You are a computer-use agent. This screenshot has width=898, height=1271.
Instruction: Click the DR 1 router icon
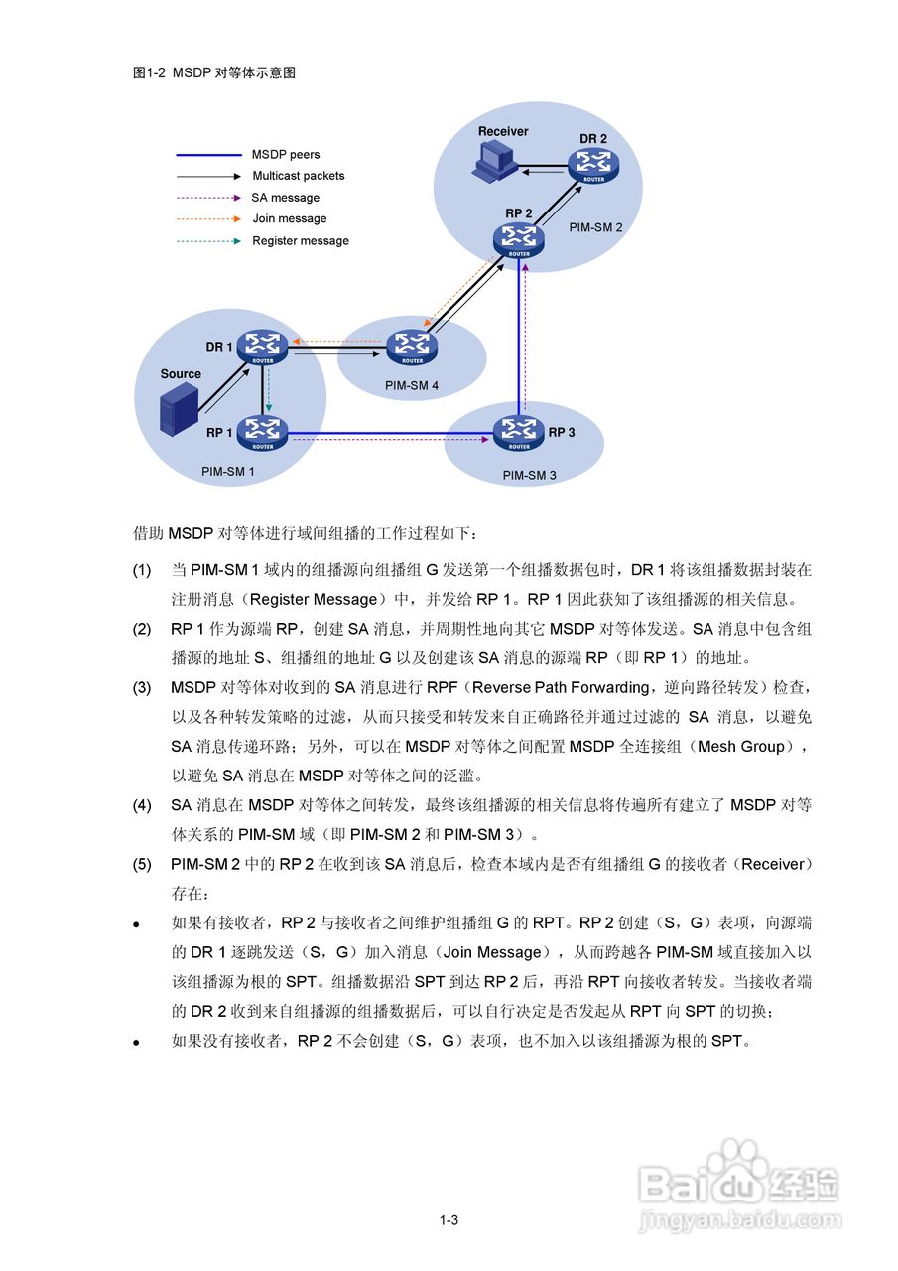pos(264,347)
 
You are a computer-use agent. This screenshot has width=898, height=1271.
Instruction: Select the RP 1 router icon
pos(264,433)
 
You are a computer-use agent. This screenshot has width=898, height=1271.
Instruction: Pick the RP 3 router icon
pos(518,432)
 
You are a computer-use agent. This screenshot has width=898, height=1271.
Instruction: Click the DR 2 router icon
pos(593,165)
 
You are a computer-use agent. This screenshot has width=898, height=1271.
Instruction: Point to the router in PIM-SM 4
pos(409,348)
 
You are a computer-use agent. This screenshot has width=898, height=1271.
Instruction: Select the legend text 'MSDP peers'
pos(286,155)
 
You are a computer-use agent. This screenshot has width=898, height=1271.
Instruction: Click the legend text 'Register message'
pos(301,241)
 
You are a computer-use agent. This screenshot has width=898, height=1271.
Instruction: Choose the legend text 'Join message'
pos(289,219)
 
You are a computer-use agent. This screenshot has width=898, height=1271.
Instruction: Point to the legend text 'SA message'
pos(286,198)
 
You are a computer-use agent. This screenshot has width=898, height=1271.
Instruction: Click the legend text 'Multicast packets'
pos(299,176)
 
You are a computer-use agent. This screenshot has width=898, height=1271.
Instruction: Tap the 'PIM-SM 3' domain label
pos(529,476)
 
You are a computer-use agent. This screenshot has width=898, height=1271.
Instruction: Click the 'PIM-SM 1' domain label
pos(228,472)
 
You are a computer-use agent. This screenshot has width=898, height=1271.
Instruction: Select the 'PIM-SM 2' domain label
pos(595,227)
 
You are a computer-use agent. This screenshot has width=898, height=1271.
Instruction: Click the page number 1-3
pos(449,1220)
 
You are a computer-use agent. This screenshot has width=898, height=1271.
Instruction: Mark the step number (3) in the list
pos(142,687)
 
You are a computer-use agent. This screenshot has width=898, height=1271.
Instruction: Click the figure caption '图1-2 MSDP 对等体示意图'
pos(214,72)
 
